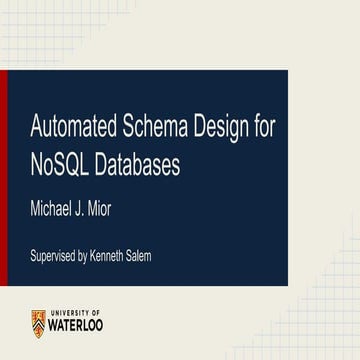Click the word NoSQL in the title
[60, 164]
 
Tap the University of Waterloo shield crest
[37, 323]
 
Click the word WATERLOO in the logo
[77, 327]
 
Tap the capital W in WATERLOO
[56, 327]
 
